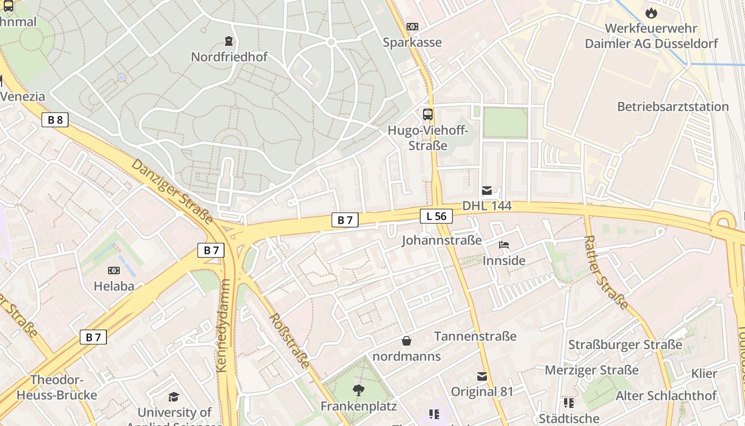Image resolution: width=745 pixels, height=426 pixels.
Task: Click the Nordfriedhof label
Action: point(229,56)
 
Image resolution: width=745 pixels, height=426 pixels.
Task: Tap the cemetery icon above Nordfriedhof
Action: point(229,41)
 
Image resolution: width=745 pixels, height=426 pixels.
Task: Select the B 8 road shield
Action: point(55,120)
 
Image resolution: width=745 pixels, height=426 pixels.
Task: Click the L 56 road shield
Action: point(436,216)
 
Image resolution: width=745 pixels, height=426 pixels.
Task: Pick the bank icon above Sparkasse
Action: point(412,27)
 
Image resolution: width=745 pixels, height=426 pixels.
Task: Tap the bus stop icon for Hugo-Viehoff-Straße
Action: point(428,114)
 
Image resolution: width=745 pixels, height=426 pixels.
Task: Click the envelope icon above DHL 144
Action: point(487,191)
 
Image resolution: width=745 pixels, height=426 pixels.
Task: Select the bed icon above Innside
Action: point(504,245)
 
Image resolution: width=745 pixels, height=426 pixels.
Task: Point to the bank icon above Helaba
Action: point(114,271)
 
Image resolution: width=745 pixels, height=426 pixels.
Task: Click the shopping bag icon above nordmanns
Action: point(407,341)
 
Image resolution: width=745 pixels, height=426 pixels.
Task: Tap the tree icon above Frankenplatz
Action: point(359,390)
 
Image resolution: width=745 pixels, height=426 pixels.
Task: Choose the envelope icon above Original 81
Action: point(482,376)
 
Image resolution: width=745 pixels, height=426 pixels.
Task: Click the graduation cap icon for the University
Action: point(173,397)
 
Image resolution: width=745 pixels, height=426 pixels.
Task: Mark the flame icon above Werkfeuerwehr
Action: point(651,13)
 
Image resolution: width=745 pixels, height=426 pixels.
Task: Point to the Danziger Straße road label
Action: point(172,191)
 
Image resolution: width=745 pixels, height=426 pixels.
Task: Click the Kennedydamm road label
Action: point(223,325)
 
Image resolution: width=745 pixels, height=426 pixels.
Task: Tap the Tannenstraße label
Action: point(475,336)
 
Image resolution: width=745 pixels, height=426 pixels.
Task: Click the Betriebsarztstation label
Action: point(673,106)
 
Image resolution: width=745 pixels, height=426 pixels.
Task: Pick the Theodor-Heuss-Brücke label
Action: point(56,388)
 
